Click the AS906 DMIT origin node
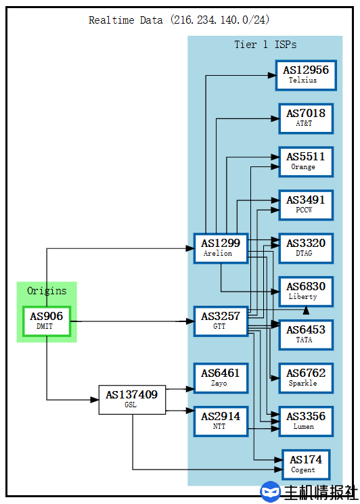tap(47, 321)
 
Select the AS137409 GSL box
tap(132, 399)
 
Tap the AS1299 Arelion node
tap(220, 248)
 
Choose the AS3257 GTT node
tap(220, 321)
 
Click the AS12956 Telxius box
tap(305, 74)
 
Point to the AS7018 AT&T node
tap(305, 118)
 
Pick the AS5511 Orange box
tap(305, 161)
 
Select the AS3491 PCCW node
tap(305, 204)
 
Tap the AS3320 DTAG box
tap(305, 248)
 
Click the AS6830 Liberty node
tap(305, 291)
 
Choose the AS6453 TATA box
tap(305, 334)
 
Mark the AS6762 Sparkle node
tap(305, 377)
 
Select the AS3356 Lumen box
tap(305, 421)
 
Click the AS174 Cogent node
tap(305, 464)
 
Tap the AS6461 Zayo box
tap(220, 377)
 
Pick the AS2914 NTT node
tap(220, 421)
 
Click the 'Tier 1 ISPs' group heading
tap(265, 45)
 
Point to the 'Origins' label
tap(47, 291)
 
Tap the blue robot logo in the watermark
tap(271, 492)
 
